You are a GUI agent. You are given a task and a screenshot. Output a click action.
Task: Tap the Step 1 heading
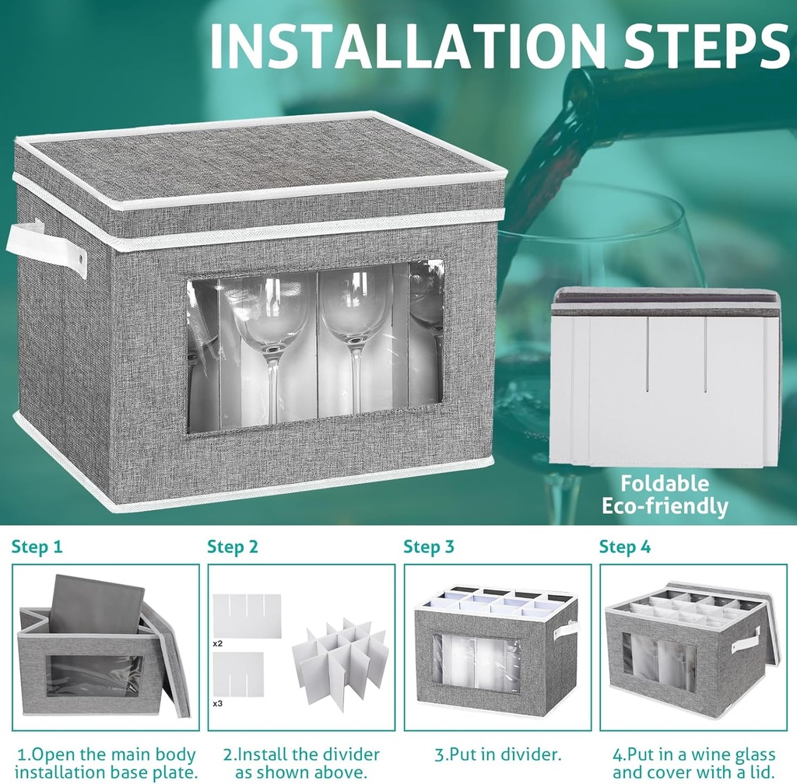pyautogui.click(x=37, y=547)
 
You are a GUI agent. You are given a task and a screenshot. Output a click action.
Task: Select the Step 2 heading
pyautogui.click(x=233, y=547)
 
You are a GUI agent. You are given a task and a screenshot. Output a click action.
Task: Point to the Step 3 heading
pyautogui.click(x=429, y=547)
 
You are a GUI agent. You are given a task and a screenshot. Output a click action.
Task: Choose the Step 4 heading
pyautogui.click(x=625, y=547)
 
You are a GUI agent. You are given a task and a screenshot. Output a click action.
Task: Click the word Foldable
pyautogui.click(x=665, y=484)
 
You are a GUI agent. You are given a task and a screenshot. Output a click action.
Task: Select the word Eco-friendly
pyautogui.click(x=665, y=506)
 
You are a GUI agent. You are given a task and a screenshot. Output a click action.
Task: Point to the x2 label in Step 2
pyautogui.click(x=218, y=643)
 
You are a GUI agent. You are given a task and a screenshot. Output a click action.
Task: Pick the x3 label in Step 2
pyautogui.click(x=218, y=704)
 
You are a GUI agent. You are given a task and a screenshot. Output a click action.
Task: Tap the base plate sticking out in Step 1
pyautogui.click(x=97, y=604)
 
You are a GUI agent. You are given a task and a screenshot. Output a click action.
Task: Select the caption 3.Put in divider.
pyautogui.click(x=498, y=754)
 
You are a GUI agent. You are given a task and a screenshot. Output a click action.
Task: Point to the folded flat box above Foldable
pyautogui.click(x=666, y=376)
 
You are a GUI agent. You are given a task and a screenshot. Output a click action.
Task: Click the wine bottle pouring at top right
pyautogui.click(x=676, y=102)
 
